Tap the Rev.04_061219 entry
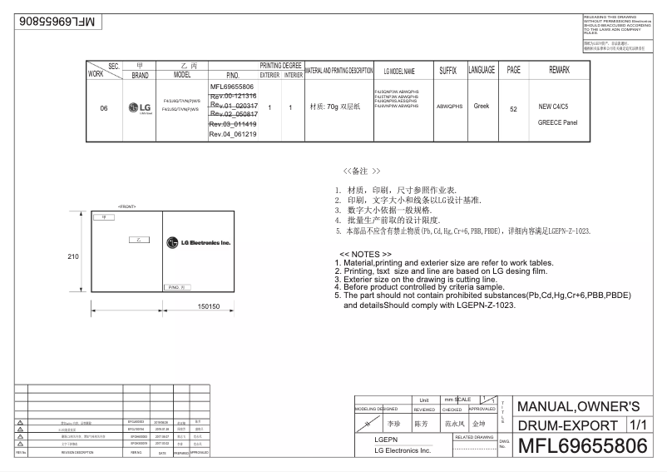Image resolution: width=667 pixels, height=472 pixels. [x=232, y=134]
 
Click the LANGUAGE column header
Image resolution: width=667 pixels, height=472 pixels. [x=482, y=71]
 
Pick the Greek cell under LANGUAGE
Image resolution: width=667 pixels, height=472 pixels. [x=482, y=107]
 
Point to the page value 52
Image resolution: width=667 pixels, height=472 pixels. [x=513, y=109]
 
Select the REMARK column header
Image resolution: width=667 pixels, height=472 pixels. [x=559, y=71]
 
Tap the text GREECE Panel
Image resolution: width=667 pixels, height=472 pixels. [x=557, y=122]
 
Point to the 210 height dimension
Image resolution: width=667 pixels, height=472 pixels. [x=73, y=256]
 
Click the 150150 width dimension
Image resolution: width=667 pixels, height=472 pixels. [x=208, y=306]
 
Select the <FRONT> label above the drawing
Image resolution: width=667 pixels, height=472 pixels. [x=127, y=205]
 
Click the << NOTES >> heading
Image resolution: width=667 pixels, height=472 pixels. [x=366, y=254]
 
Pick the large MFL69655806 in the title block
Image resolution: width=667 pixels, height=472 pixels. [x=581, y=446]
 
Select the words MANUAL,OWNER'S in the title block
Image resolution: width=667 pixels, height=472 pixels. [x=578, y=406]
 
